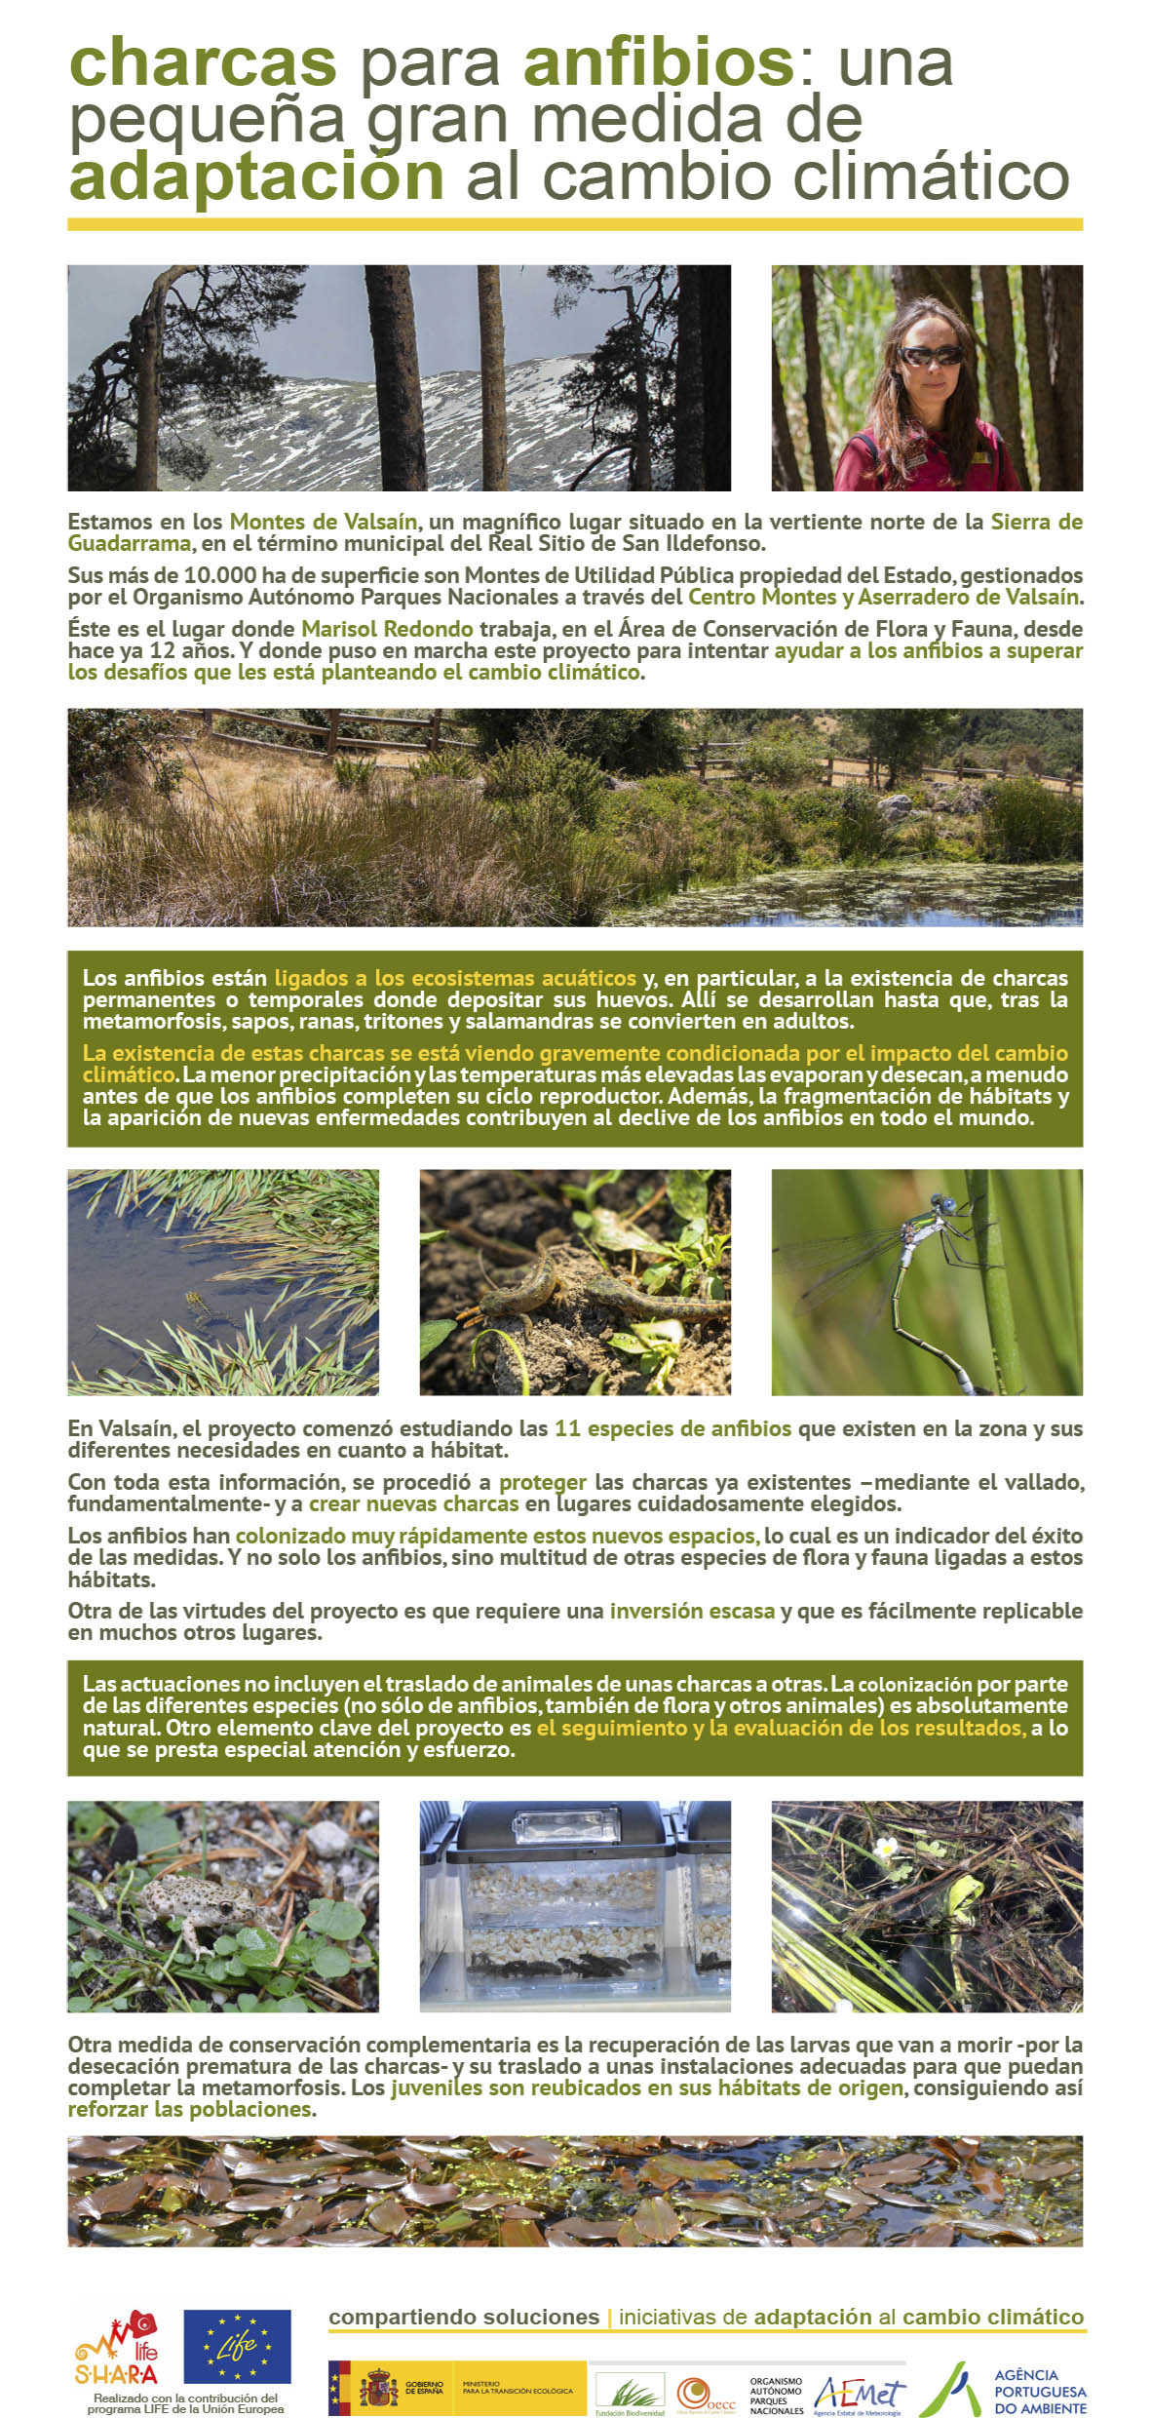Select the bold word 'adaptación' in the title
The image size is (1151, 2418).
(x=256, y=177)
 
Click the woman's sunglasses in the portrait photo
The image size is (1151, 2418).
(x=930, y=356)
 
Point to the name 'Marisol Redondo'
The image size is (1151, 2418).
(x=387, y=629)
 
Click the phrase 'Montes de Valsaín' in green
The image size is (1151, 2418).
(x=323, y=522)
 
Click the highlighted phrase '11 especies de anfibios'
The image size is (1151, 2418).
(x=672, y=1428)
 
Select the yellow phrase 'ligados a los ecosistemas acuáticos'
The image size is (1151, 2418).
(x=455, y=978)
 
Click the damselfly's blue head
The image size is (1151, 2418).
(x=943, y=1204)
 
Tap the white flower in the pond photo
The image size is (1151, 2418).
(x=886, y=1848)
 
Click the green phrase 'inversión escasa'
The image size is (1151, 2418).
(x=692, y=1611)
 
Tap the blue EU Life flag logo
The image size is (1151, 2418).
(x=237, y=2346)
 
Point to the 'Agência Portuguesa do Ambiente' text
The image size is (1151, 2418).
(x=1039, y=2392)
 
